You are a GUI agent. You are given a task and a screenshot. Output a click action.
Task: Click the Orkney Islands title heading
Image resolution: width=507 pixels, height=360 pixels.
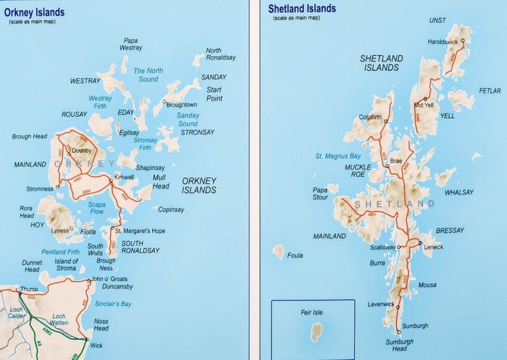pos(34,11)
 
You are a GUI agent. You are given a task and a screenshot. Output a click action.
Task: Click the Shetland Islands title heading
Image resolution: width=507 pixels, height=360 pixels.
pos(301,9)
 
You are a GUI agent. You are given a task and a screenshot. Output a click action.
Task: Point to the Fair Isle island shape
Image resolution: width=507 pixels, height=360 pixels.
pos(315,332)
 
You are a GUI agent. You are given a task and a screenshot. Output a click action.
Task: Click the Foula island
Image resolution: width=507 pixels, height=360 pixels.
pos(279,252)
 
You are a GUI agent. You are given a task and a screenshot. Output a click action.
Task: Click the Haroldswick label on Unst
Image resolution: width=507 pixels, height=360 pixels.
pos(443,42)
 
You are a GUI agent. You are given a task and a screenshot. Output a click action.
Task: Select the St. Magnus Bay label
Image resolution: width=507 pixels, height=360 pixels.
pos(338,157)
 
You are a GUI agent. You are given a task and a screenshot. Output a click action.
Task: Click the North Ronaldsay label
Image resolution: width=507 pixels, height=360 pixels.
pos(221,54)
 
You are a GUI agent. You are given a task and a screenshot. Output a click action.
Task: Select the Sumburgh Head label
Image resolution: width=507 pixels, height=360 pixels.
pos(400,345)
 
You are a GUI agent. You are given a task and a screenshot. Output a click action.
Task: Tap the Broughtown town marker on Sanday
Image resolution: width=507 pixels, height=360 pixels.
pos(164,103)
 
